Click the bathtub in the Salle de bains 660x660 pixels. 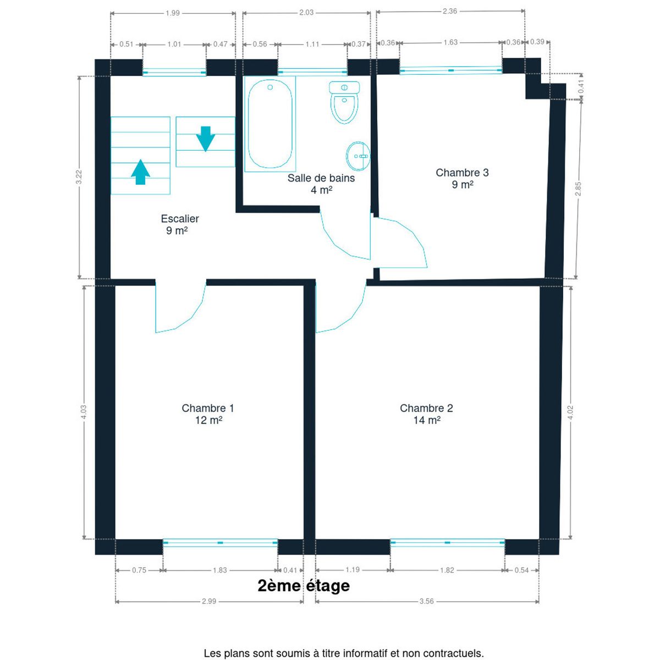[x=270, y=123]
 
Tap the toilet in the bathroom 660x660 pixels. [x=344, y=102]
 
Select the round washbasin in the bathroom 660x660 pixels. [x=358, y=156]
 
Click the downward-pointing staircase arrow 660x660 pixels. [x=206, y=139]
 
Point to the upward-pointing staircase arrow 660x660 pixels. [x=140, y=172]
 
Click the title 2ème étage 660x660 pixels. [x=304, y=585]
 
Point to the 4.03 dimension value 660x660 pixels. [x=84, y=412]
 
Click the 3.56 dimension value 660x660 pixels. [x=426, y=601]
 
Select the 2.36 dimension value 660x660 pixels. [x=450, y=11]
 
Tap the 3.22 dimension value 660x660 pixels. [x=79, y=177]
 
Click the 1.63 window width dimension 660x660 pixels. [x=450, y=42]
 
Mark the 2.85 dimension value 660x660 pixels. [x=578, y=189]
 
